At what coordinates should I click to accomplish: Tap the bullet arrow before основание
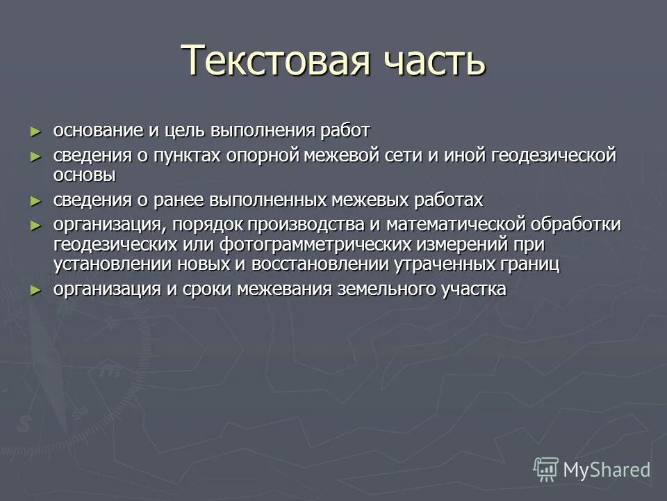coord(36,131)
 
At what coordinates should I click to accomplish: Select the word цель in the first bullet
coord(185,131)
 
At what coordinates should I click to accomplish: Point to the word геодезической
coord(554,155)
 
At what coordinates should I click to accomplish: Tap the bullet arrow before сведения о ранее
coord(36,200)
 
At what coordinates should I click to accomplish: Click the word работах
coord(447,200)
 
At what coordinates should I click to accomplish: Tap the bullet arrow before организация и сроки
coord(36,289)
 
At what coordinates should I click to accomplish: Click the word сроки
coord(208,289)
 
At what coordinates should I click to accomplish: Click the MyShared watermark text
coord(607,470)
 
